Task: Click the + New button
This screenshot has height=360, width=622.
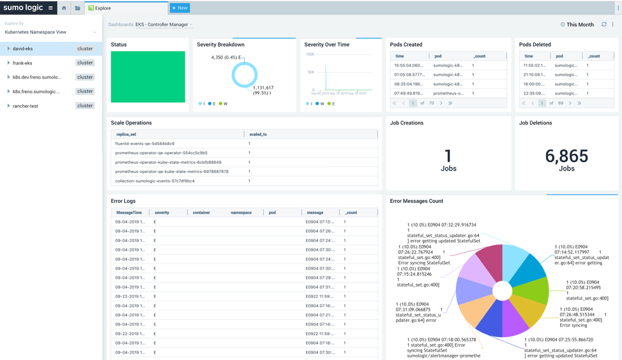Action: [180, 8]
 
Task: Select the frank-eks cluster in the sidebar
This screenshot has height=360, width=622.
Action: [22, 63]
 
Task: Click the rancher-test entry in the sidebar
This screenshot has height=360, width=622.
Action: [26, 106]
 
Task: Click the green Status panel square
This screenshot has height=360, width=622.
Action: [148, 77]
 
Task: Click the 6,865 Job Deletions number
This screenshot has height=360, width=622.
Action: [566, 156]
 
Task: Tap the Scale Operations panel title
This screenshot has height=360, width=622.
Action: [131, 123]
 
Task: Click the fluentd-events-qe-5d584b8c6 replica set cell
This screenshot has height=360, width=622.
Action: [145, 144]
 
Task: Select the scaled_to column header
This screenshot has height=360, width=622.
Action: [259, 135]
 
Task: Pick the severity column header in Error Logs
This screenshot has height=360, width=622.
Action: [162, 213]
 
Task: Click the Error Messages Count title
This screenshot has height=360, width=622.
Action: [416, 201]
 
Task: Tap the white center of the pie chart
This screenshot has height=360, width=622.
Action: [503, 291]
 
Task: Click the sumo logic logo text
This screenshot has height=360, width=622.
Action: [24, 8]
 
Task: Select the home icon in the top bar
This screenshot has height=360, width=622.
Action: [64, 8]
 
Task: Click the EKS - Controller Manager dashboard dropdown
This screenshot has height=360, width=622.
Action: [163, 25]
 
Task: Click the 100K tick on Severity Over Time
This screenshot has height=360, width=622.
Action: [310, 54]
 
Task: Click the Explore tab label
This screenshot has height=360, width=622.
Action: [103, 8]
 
